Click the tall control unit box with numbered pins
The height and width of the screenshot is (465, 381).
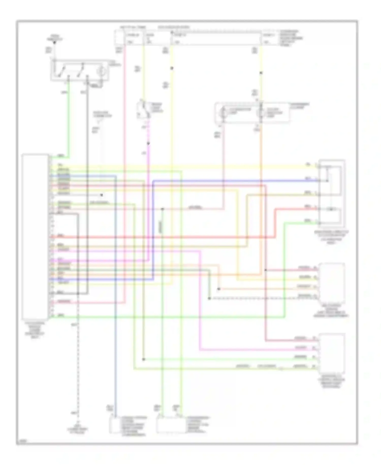coord(35,237)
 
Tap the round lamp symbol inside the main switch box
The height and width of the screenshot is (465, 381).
coord(102,71)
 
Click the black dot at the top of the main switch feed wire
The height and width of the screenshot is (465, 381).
coord(54,42)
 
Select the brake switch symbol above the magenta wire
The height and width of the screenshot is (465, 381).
coord(144,110)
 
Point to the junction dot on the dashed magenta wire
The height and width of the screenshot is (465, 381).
coord(148,144)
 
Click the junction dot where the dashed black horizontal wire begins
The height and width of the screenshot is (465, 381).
coord(209,298)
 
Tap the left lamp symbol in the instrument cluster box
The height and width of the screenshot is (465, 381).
coord(223,113)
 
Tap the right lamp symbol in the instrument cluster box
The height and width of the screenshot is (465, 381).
coord(260,113)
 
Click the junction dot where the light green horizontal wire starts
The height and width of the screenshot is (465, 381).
coord(144,359)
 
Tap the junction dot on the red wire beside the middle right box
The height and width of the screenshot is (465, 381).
coord(265,270)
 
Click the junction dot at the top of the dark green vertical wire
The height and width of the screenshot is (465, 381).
coord(163,209)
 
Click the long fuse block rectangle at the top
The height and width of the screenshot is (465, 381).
coord(216,38)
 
